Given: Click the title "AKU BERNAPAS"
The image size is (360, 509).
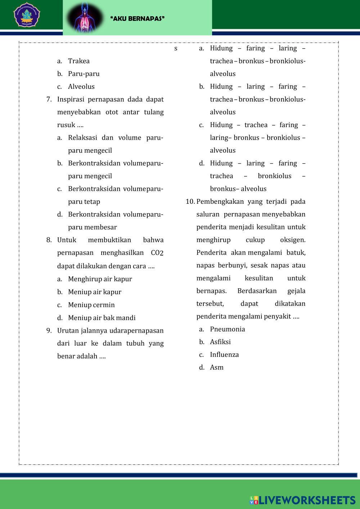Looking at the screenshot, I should click(138, 18).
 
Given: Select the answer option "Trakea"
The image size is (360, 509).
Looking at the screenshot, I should click(78, 61).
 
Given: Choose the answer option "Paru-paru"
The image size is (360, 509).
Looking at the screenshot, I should click(84, 74).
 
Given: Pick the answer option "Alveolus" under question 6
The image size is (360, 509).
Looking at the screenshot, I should click(81, 87).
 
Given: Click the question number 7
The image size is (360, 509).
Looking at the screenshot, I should click(49, 99).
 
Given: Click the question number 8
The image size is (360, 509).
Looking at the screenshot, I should click(49, 240).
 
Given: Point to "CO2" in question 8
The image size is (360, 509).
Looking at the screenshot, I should click(157, 253).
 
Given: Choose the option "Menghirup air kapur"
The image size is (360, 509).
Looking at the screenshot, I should click(100, 279).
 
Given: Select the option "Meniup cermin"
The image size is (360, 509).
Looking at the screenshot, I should click(91, 305).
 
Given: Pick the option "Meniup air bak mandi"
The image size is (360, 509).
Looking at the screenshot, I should click(102, 318).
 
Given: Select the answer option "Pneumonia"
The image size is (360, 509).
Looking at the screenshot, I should click(227, 329).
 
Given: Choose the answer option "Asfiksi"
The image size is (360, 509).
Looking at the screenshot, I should click(220, 342).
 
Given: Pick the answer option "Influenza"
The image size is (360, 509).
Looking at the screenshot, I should click(224, 355).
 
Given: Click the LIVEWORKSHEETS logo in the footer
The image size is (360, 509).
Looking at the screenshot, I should click(303, 500).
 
